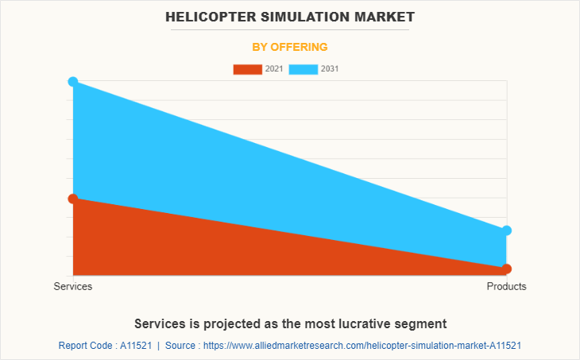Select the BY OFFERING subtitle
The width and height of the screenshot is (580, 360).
pyautogui.click(x=290, y=47)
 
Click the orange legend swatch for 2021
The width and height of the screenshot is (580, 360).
pyautogui.click(x=247, y=69)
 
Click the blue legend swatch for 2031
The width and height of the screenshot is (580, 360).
pyautogui.click(x=304, y=69)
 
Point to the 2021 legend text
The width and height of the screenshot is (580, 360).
pyautogui.click(x=274, y=69)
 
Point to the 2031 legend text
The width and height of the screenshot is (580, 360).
pyautogui.click(x=330, y=69)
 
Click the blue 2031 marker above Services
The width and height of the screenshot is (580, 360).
pyautogui.click(x=73, y=82)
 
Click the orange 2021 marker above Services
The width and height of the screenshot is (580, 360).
pyautogui.click(x=73, y=199)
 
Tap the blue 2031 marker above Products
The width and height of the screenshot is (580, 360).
pyautogui.click(x=507, y=230)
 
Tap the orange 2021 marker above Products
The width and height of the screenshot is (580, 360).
pyautogui.click(x=507, y=269)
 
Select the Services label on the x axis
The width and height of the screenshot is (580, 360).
pyautogui.click(x=73, y=286)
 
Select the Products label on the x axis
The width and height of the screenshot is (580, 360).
pyautogui.click(x=506, y=286)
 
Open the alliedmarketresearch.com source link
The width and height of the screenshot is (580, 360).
pyautogui.click(x=366, y=346)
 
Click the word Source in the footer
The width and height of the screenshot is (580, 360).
pyautogui.click(x=184, y=346)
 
